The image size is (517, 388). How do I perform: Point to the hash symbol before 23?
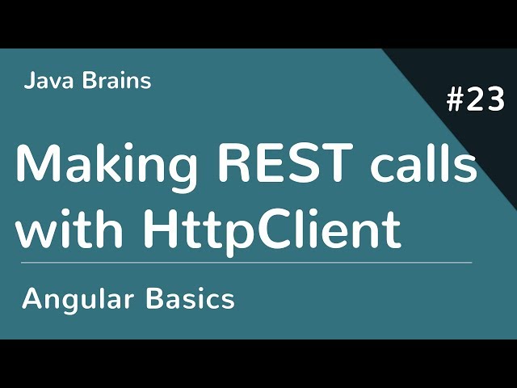coord(456,102)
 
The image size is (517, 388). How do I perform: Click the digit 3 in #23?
coord(495,102)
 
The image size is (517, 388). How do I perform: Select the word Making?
coord(106,166)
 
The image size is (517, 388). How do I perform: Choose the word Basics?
coord(191,298)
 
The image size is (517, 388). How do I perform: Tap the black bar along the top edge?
coord(258,23)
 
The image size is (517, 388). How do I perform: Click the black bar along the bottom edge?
coord(258,364)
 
